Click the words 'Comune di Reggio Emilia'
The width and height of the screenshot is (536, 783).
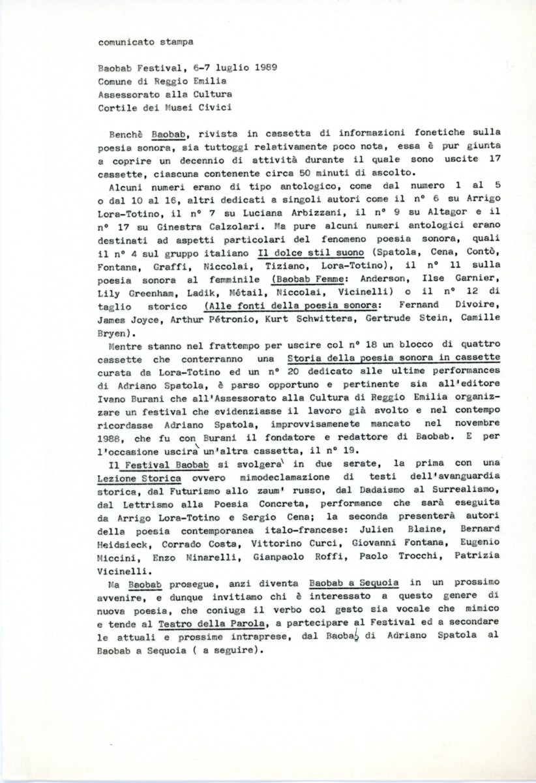(162, 80)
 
